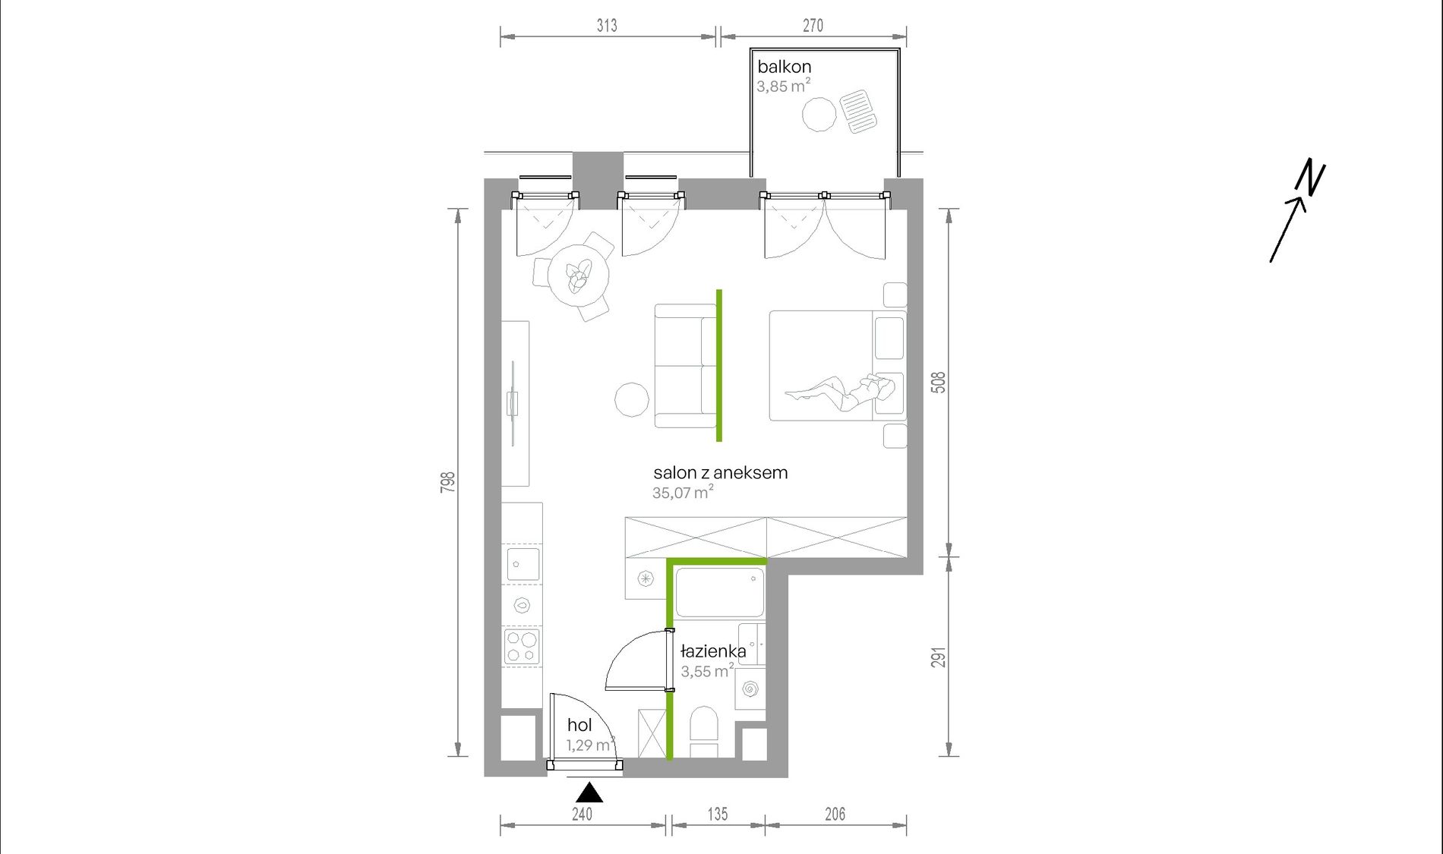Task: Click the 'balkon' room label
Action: click(x=784, y=67)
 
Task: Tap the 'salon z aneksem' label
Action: click(x=720, y=472)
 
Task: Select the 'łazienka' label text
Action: click(x=713, y=651)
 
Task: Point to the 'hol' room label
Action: click(x=579, y=725)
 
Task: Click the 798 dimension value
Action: click(x=448, y=482)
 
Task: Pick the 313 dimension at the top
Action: click(x=607, y=25)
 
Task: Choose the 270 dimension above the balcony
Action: click(x=813, y=25)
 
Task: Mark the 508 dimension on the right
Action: click(x=939, y=382)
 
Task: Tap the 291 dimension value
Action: click(x=939, y=657)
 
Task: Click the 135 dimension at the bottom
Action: click(x=718, y=814)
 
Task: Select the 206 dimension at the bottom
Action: click(x=835, y=814)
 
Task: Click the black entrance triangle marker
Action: click(x=589, y=794)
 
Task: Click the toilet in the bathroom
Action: click(x=704, y=732)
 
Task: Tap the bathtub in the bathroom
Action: click(x=719, y=592)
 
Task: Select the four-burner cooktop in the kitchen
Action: click(x=522, y=647)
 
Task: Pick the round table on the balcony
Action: click(x=819, y=115)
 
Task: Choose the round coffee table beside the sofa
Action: click(x=631, y=399)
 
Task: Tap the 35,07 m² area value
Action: click(x=683, y=492)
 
